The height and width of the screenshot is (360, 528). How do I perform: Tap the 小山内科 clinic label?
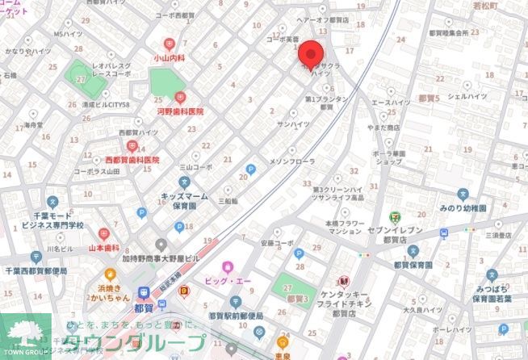click(170, 58)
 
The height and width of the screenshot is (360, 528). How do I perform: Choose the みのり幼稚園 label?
click(463, 207)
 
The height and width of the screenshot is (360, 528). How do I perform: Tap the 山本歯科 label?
click(104, 248)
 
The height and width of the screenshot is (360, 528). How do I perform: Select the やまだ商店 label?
click(382, 128)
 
